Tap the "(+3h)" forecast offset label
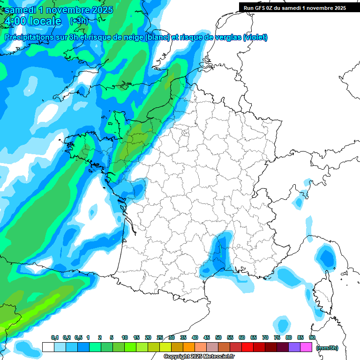(78, 21)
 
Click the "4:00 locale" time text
(33, 21)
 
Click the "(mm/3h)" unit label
(327, 348)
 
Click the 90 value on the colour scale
(312, 337)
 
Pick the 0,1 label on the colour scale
(54, 337)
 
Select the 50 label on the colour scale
(218, 337)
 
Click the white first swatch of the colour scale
(48, 347)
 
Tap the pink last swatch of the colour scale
(306, 347)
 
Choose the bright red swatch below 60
(247, 347)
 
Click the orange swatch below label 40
(189, 347)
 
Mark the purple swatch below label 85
(294, 347)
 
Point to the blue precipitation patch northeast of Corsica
(325, 257)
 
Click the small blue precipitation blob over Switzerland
(299, 202)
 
